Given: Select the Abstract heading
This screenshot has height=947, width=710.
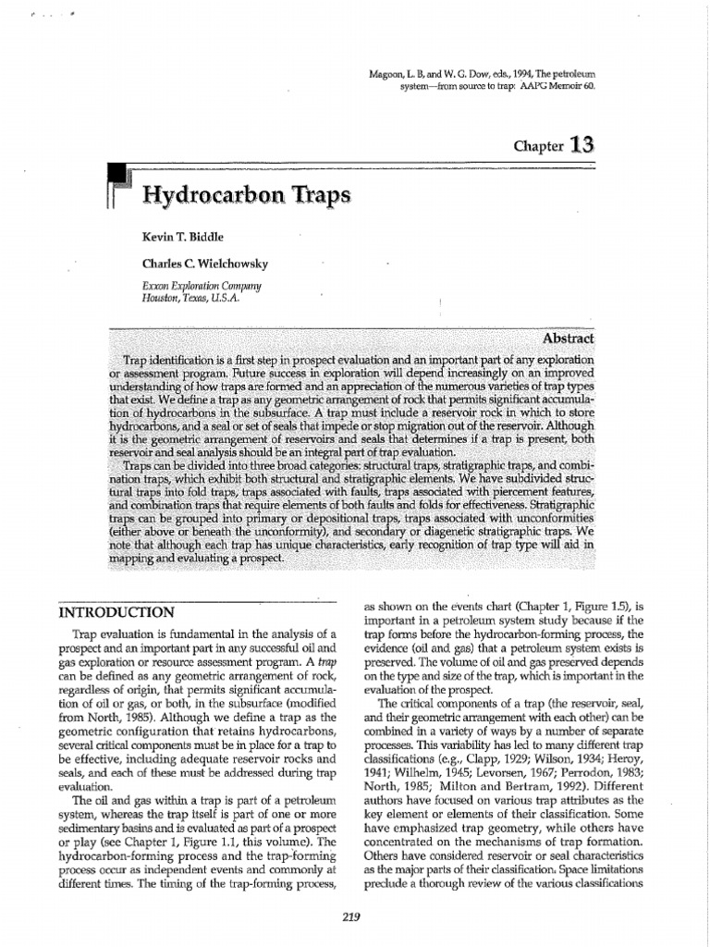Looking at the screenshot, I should coord(571,338).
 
